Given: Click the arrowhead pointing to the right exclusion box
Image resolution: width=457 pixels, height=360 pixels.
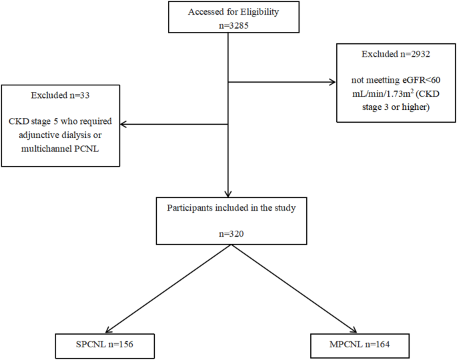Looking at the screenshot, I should click(332, 83).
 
